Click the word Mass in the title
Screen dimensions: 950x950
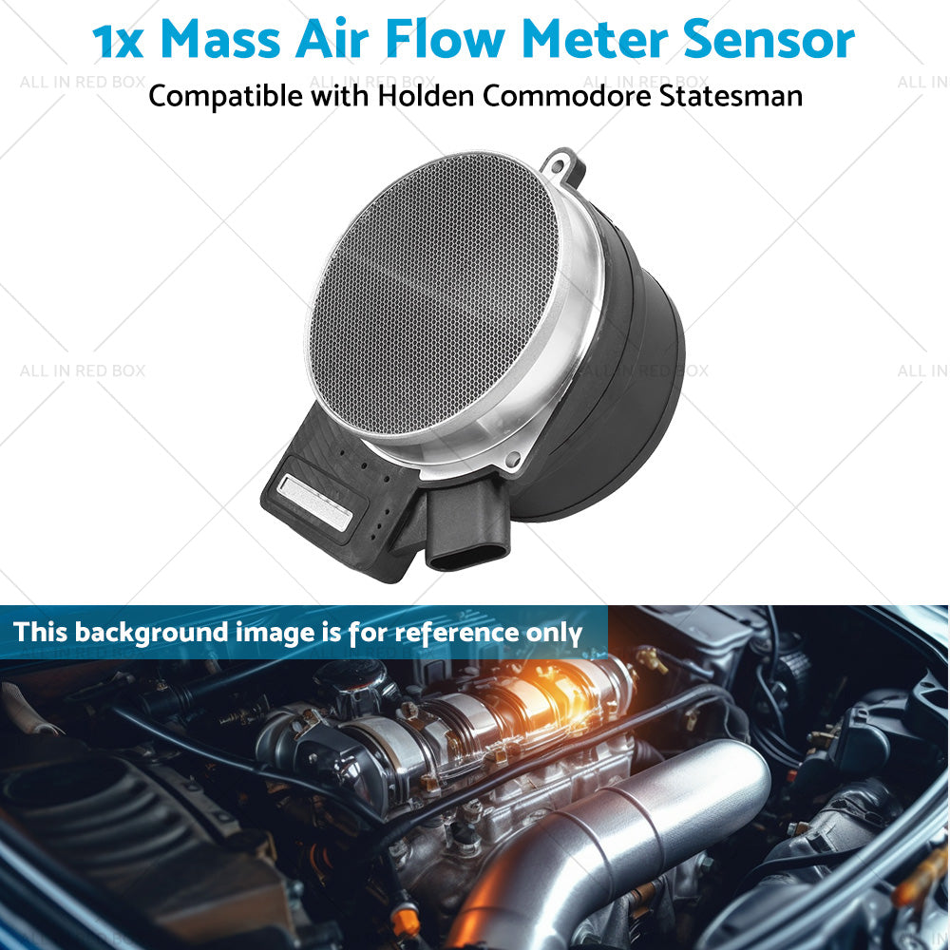(220, 40)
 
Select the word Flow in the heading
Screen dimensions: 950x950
(445, 40)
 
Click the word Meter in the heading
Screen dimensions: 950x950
(594, 40)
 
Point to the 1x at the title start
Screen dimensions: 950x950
(118, 41)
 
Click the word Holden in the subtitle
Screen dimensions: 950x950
(426, 96)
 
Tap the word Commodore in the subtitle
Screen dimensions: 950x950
(567, 96)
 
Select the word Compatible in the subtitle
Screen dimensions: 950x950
(225, 97)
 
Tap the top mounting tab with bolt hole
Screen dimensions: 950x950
(564, 166)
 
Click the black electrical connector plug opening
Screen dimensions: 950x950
(467, 556)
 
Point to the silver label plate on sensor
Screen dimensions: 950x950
(314, 503)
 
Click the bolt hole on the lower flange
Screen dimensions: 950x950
(513, 460)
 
